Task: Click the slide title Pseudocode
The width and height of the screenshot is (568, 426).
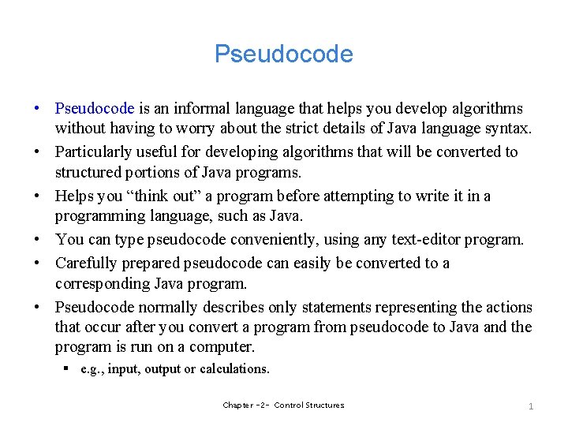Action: click(x=284, y=54)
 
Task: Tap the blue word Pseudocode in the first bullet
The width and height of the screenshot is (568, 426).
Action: click(x=95, y=108)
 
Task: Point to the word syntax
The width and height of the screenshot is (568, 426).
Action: click(x=509, y=128)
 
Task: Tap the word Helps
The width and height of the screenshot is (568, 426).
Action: click(x=75, y=195)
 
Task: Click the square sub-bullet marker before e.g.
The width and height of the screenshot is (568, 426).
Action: click(x=69, y=368)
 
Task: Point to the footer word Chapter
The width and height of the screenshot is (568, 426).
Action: click(x=238, y=405)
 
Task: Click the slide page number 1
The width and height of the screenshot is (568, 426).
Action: click(x=531, y=405)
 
